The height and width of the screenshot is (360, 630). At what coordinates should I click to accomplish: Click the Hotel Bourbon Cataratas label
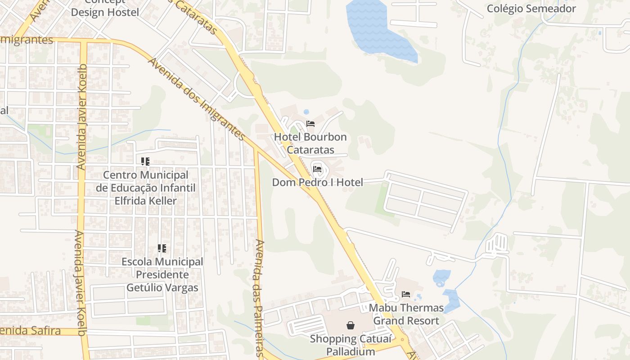coord(310,143)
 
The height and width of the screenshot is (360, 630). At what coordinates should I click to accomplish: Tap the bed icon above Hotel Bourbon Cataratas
coord(310,124)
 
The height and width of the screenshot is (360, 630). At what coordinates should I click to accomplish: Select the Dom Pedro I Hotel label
coord(317,182)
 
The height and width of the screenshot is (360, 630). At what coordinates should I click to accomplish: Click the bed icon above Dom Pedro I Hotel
coord(317,170)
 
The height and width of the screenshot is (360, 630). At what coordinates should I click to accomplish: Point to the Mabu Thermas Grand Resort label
coord(406,314)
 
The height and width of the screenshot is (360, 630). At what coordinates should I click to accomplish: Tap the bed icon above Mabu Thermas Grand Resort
coord(406,294)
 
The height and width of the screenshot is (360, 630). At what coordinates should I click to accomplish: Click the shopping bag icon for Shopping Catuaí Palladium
coord(351,325)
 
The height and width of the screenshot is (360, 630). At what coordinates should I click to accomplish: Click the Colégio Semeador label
coord(531,9)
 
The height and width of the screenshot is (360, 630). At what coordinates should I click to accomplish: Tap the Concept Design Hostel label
coord(105,8)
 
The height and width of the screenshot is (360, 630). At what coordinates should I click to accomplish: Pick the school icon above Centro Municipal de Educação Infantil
coord(145,161)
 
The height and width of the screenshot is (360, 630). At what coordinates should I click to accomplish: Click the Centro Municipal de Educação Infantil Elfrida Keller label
coord(146,188)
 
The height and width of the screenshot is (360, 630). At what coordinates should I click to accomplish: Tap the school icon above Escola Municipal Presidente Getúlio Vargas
coord(162,248)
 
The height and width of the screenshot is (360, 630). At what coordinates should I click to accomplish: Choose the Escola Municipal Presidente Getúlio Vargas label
coord(162,274)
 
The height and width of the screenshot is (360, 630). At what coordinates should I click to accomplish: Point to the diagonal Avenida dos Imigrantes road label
coord(197,99)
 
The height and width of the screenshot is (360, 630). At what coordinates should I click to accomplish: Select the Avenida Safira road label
coord(31,331)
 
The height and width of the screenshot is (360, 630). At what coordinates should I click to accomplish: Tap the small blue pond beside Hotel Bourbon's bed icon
coord(306,112)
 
